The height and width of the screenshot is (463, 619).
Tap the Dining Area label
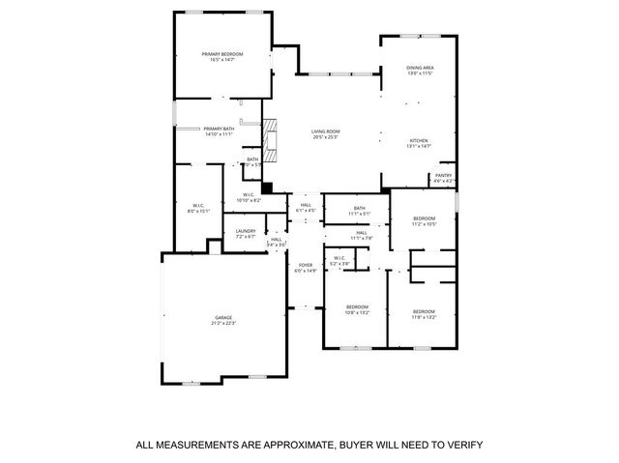pos(419,70)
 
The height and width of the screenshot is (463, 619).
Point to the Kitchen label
pos(419,142)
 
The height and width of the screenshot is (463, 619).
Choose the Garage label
pos(224,320)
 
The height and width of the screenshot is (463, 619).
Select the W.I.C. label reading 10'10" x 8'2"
pos(249,197)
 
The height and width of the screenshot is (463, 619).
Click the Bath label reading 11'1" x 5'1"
pos(360,210)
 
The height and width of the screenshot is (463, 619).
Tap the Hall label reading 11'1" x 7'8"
pos(361,235)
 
